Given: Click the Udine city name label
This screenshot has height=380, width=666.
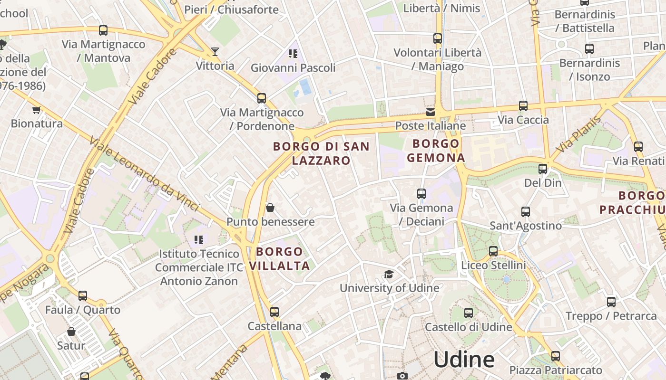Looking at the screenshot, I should tap(464, 360).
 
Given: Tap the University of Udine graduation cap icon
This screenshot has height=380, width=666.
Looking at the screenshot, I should tap(389, 275).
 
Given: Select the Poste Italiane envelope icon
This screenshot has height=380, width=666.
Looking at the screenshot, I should tap(431, 112).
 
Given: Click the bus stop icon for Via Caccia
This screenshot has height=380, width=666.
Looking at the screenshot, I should tap(523, 106).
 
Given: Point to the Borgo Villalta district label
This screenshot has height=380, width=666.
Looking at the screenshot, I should tap(279, 258).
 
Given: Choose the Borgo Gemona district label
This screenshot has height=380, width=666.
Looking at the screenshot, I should tap(435, 151).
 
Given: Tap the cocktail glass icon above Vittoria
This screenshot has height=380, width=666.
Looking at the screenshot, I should tap(215, 51).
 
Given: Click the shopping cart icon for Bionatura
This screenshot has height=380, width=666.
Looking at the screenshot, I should tap(37, 110).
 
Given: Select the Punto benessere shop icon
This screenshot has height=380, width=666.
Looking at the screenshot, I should tap(270, 208).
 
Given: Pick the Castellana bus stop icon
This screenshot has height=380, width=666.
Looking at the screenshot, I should tap(274, 312).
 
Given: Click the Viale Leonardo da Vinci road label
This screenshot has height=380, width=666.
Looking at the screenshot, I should tap(144, 175).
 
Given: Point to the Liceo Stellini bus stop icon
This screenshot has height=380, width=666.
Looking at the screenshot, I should tap(493, 251).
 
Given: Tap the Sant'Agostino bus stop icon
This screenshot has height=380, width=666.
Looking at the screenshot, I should tap(526, 212).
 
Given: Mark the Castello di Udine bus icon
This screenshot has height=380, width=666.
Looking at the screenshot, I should tap(469, 313).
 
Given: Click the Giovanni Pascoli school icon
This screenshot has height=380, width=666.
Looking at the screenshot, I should tap(293, 54).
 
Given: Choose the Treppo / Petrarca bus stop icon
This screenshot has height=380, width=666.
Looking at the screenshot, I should tap(611, 302).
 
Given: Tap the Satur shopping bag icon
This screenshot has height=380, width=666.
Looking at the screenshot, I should tap(71, 332).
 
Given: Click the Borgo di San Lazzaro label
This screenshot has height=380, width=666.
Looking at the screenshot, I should tap(321, 153).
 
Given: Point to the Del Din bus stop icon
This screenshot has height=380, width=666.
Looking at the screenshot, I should tap(543, 169).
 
